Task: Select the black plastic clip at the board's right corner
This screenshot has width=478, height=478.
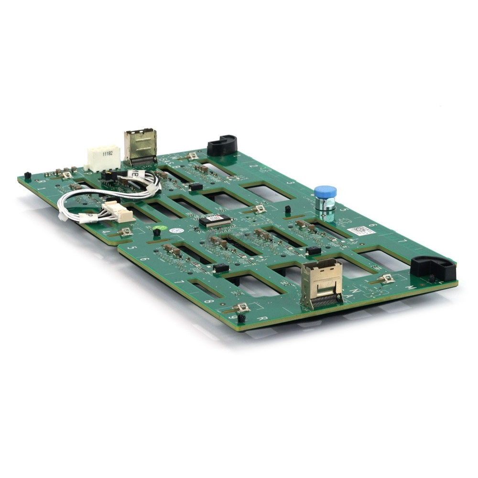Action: (x=433, y=268)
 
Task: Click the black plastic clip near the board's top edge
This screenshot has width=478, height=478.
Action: (x=222, y=145)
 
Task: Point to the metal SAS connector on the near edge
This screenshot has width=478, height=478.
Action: (x=321, y=283)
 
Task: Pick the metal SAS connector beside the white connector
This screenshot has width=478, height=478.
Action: (x=141, y=147)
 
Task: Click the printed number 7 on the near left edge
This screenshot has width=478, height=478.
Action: (x=180, y=282)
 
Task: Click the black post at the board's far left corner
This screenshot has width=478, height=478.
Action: (x=28, y=175)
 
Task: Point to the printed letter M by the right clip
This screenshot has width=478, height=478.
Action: (x=410, y=288)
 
